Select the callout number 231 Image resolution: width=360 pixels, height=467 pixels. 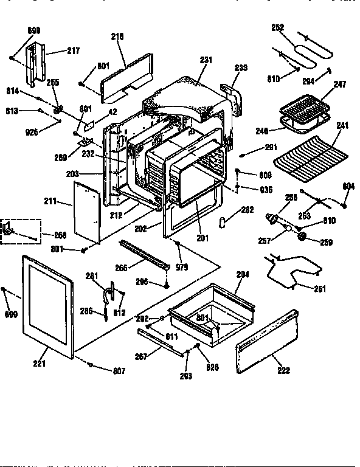pyautogui.click(x=206, y=60)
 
